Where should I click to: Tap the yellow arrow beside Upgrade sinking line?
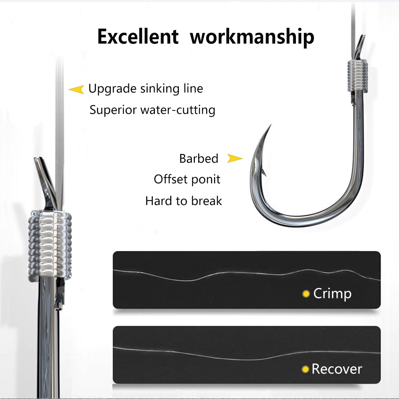pyautogui.click(x=76, y=89)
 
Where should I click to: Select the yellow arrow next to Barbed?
pyautogui.click(x=235, y=159)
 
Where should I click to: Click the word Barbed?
pyautogui.click(x=199, y=159)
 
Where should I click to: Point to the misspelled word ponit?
pyautogui.click(x=207, y=180)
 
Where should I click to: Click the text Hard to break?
pyautogui.click(x=184, y=201)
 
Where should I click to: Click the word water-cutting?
pyautogui.click(x=178, y=110)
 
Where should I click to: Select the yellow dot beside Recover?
pyautogui.click(x=305, y=369)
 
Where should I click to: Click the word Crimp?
pyautogui.click(x=332, y=294)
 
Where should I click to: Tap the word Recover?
pyautogui.click(x=336, y=369)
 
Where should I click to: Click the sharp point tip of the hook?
pyautogui.click(x=271, y=126)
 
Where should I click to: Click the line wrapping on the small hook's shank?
pyautogui.click(x=357, y=76)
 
